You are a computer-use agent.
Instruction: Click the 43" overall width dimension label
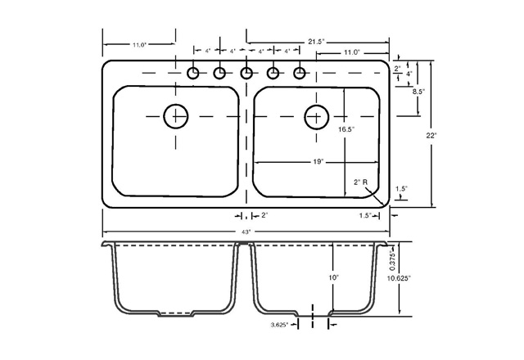point(246,232)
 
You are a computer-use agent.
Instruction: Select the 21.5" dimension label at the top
point(315,41)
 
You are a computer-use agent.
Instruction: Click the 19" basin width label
point(318,161)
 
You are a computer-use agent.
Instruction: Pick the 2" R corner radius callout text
point(360,182)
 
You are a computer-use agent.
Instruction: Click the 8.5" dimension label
point(418,92)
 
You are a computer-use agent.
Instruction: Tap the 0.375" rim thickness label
point(392,259)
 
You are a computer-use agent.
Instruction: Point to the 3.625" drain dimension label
point(283,325)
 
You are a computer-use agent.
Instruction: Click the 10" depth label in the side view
point(335,278)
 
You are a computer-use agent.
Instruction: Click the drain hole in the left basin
point(175,117)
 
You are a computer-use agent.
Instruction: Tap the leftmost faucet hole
point(194,74)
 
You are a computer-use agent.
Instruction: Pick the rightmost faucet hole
point(300,74)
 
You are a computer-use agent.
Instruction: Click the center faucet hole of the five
point(246,74)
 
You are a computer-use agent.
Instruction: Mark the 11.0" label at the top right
point(352,52)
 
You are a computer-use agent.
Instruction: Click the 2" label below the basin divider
point(264,215)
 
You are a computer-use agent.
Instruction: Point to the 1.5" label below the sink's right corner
point(365,215)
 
